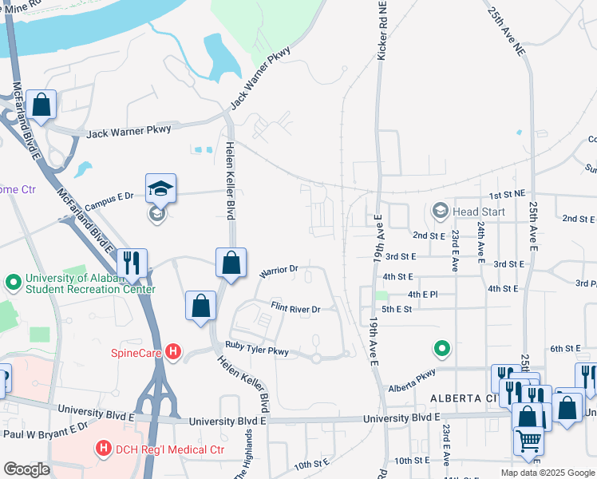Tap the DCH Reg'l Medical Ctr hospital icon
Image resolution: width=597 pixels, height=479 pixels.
click(x=103, y=449)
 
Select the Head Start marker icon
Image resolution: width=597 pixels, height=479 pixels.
click(x=439, y=211)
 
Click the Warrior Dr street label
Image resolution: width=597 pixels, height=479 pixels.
click(x=279, y=271)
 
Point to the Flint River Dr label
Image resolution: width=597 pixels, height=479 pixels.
click(x=295, y=308)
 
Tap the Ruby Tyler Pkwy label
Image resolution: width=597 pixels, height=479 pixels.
click(x=256, y=348)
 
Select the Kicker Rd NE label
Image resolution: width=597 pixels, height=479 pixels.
click(x=382, y=34)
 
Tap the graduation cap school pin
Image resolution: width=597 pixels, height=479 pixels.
click(x=160, y=188)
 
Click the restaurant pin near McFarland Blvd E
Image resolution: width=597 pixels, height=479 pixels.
click(x=132, y=262)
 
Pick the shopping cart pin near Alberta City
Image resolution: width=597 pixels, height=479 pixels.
click(x=528, y=439)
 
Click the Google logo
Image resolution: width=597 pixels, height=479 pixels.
click(x=26, y=469)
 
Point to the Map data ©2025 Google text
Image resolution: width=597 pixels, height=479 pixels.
click(x=547, y=473)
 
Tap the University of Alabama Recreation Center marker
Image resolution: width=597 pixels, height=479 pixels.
click(x=13, y=283)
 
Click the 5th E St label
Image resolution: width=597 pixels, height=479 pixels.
click(x=396, y=309)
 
